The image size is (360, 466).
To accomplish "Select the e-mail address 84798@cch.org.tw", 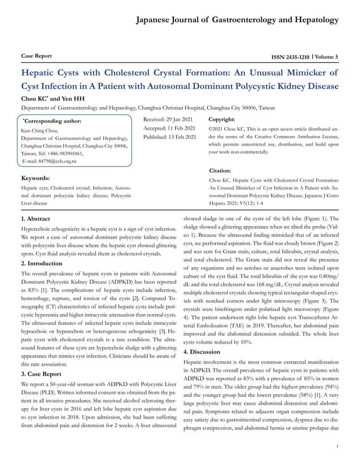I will [51, 161].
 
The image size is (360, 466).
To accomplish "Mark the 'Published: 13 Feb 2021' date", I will [170, 138].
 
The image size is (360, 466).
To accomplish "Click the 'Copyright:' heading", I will [222, 120].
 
